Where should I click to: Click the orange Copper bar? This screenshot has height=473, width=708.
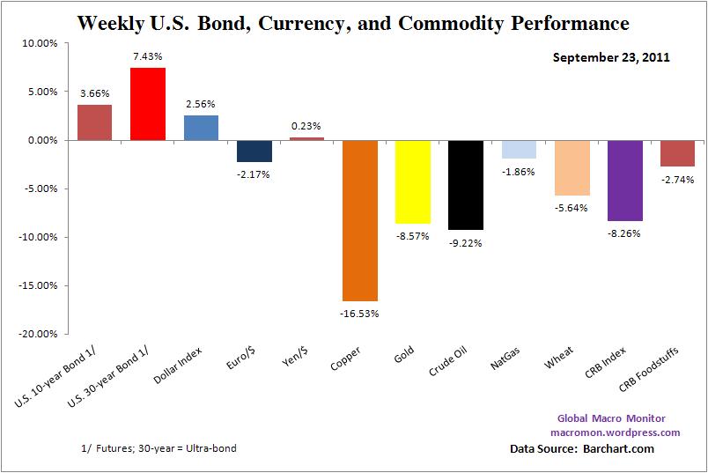[359, 220]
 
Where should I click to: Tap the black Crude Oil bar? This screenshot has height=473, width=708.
[465, 184]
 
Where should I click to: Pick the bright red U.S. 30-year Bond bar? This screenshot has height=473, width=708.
[147, 104]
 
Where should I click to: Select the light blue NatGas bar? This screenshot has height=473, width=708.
[519, 149]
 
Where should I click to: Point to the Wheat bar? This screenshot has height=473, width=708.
[572, 167]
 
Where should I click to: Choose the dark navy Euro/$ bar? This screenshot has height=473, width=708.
[253, 151]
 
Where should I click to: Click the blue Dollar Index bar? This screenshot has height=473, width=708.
[201, 128]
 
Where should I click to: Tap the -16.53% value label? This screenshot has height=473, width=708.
[360, 314]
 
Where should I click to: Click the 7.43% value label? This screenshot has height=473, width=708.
[148, 55]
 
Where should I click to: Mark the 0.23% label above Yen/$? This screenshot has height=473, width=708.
[306, 125]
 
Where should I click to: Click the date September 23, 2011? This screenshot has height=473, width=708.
[611, 58]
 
